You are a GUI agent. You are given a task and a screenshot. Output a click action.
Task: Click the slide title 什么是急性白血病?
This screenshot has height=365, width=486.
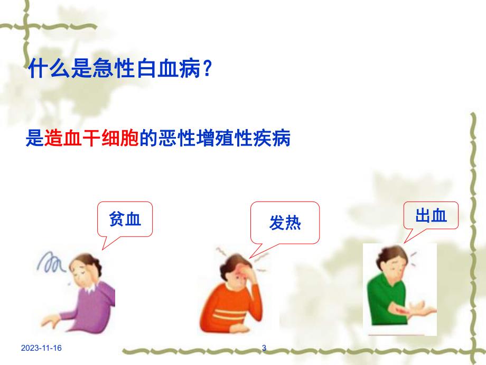pos(120,69)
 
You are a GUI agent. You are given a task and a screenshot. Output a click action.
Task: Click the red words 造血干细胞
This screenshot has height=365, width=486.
pos(92,140)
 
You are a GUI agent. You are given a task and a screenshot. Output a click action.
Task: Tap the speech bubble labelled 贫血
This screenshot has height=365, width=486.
pos(125,218)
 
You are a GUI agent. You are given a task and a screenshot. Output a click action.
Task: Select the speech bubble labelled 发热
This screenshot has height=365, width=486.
pos(285,223)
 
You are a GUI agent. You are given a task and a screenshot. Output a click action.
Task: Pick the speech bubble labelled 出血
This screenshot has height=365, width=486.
pos(431,215)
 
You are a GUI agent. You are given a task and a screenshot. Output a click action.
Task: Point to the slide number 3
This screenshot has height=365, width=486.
pos(264,348)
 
